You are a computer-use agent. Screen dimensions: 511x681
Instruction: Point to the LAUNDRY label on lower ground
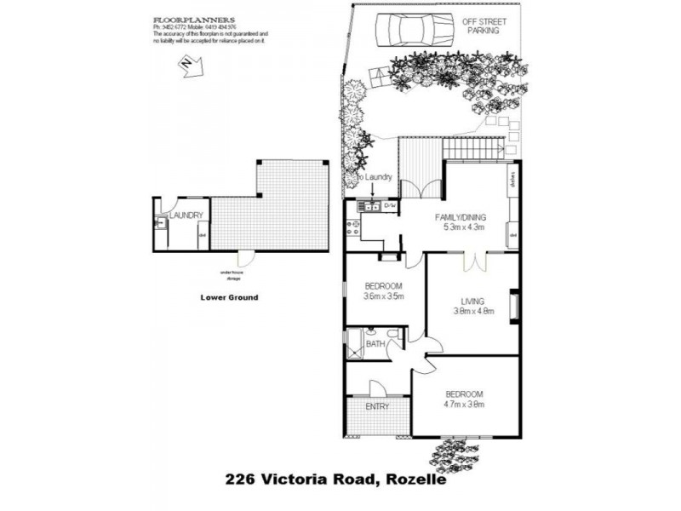(186, 215)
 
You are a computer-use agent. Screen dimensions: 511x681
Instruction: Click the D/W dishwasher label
(390, 206)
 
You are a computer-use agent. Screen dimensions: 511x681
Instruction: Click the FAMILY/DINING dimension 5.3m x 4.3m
(463, 227)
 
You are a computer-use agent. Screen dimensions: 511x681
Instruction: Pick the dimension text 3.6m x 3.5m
(383, 296)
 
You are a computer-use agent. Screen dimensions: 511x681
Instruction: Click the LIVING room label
(472, 301)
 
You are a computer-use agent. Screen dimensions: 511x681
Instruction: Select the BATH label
(375, 344)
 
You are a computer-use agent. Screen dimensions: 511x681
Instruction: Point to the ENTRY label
(377, 406)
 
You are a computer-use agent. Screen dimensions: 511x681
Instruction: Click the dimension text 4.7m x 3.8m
(464, 405)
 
